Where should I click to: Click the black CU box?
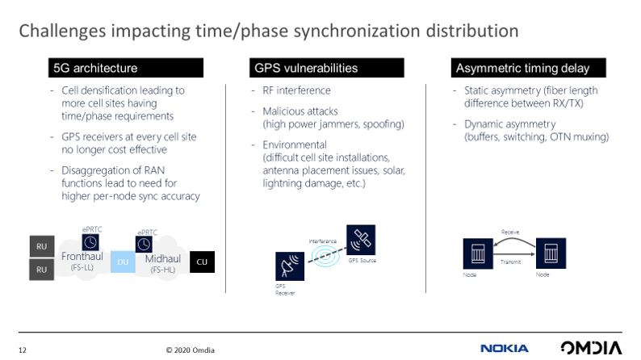[x=202, y=262]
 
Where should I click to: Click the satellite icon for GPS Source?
[x=360, y=240]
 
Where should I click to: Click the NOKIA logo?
[x=505, y=349]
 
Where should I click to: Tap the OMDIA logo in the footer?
[x=591, y=349]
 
